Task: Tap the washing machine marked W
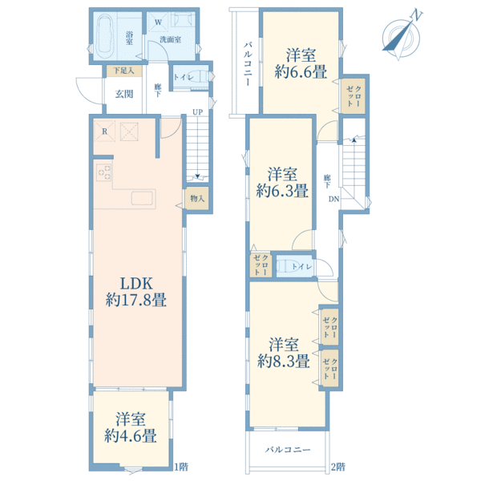click(158, 22)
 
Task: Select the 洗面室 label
click(171, 39)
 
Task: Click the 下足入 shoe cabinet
click(124, 71)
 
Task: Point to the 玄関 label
click(124, 94)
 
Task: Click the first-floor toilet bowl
click(201, 77)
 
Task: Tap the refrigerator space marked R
click(104, 131)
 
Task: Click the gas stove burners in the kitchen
click(104, 172)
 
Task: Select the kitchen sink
click(143, 198)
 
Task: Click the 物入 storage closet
click(196, 199)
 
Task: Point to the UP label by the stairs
click(197, 112)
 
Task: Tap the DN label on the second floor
click(333, 199)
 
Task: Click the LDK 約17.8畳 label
click(136, 292)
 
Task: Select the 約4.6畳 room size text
click(131, 435)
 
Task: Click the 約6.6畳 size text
click(301, 71)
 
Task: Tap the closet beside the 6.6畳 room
click(354, 96)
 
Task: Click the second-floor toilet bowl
click(285, 266)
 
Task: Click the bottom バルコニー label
click(288, 450)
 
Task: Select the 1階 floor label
click(181, 467)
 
